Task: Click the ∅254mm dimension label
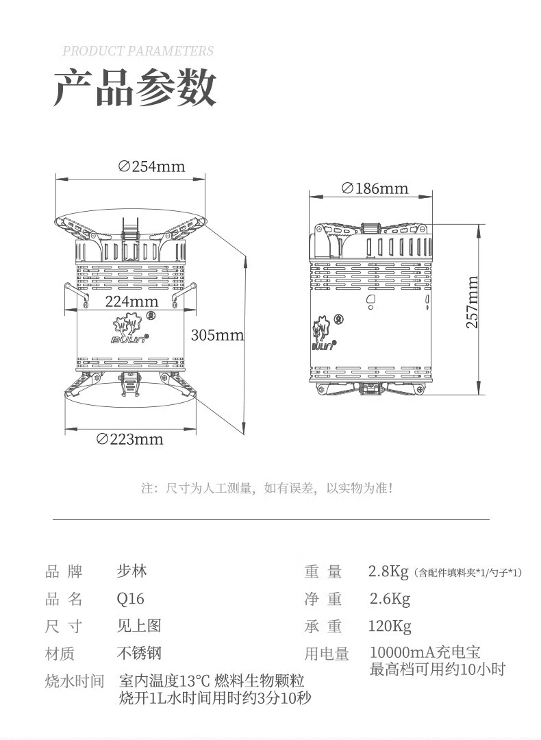point(151,166)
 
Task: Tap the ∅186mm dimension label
point(374,188)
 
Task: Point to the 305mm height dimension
point(217,335)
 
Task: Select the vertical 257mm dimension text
point(473,302)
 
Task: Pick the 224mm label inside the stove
point(131,301)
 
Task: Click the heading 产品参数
point(135,87)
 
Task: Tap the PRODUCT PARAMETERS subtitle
point(138,51)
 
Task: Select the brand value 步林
point(131,571)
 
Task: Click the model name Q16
point(131,599)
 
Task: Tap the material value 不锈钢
point(140,653)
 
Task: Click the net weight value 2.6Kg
point(390,600)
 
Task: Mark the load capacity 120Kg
point(390,626)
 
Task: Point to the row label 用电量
point(327,654)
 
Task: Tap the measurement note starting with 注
point(267,489)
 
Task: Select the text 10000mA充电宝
point(425,652)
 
